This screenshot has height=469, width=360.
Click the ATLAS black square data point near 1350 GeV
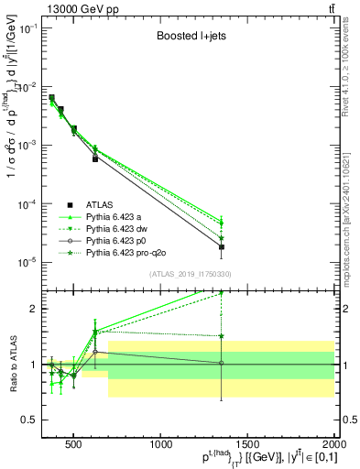(x=221, y=247)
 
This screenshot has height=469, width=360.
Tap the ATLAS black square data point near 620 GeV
(x=95, y=158)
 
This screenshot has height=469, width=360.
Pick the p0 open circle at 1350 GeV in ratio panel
(x=221, y=363)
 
